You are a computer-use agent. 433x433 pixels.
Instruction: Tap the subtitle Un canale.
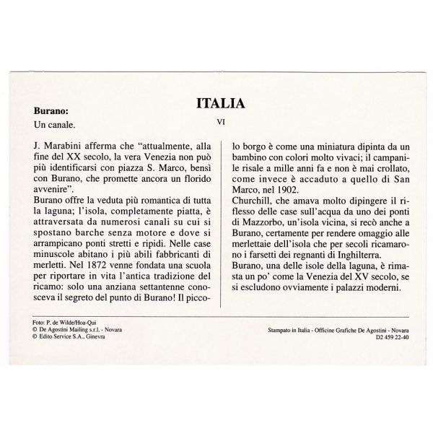[55, 126]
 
